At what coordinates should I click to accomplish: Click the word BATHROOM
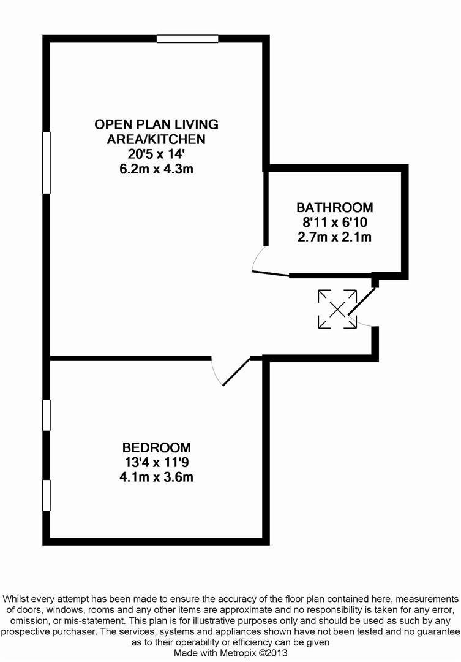pos(334,207)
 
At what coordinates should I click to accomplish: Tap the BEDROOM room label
pos(156,447)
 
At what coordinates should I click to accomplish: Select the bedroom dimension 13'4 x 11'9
pos(156,462)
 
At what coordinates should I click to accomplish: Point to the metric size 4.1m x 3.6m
pos(156,477)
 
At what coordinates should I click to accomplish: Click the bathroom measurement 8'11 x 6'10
pos(334,222)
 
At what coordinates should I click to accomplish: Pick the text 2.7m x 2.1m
pos(334,237)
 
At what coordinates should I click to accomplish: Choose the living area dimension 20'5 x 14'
pos(156,154)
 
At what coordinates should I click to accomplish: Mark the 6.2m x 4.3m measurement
pos(156,169)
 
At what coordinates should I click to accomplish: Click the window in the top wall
pos(187,39)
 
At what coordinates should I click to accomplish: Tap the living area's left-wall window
pos(46,162)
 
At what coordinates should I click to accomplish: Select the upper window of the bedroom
pos(46,415)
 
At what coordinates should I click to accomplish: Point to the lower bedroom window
pos(46,495)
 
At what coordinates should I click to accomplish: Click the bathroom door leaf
pos(270,273)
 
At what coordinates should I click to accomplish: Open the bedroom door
pos(236,371)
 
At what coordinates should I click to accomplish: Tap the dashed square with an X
pos(337,309)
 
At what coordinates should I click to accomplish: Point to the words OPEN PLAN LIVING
pos(156,124)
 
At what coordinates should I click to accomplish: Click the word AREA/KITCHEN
pos(156,139)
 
